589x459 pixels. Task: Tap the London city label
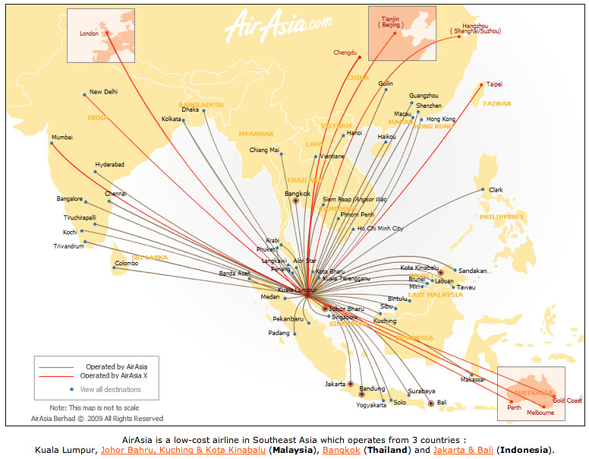click(90, 33)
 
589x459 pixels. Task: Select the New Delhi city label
click(103, 92)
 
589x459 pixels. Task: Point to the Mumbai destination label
click(62, 138)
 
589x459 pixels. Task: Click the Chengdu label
click(345, 52)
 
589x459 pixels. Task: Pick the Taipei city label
click(494, 84)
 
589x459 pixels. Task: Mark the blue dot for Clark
click(483, 190)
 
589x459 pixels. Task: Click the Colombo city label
click(126, 264)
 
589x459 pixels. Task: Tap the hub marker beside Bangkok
click(296, 201)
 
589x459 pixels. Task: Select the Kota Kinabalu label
click(419, 267)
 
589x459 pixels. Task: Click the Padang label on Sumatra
click(279, 333)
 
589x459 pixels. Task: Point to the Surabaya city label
click(421, 391)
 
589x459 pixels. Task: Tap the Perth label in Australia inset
click(515, 407)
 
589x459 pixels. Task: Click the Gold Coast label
click(567, 400)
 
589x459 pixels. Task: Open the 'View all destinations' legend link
click(110, 390)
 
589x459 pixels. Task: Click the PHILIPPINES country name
click(501, 217)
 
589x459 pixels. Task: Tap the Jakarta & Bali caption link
click(465, 450)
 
